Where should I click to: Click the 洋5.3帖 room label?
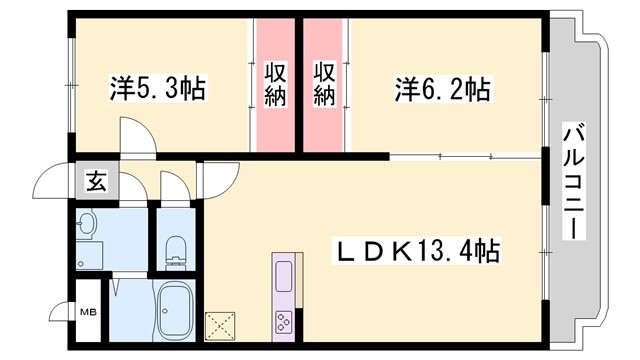point(157,90)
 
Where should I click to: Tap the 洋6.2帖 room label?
point(440,90)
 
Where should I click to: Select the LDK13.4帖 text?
point(419,248)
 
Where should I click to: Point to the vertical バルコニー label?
point(573,180)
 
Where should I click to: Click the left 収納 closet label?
point(276,84)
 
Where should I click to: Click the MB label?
point(87,311)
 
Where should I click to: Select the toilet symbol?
point(177,244)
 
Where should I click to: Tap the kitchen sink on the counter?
point(283,274)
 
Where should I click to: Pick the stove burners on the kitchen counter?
point(283,321)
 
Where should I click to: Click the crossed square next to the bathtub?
point(219,326)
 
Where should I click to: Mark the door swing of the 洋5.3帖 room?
point(136,136)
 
